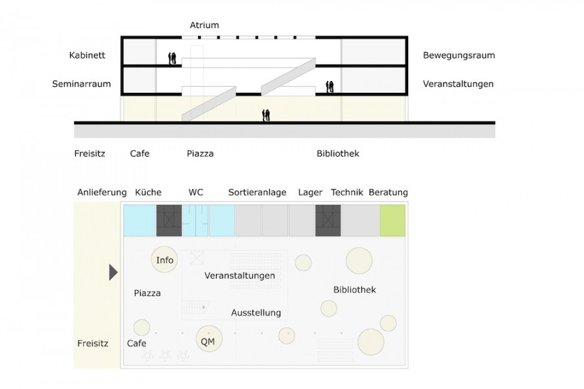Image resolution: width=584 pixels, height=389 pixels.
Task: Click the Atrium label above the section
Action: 204,25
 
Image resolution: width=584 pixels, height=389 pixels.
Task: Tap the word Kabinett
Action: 87,56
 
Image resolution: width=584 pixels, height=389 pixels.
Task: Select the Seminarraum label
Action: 82,84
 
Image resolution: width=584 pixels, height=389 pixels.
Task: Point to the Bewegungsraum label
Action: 459,56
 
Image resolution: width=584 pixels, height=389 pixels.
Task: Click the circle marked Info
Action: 165,260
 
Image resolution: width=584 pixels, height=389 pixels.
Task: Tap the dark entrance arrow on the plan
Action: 113,272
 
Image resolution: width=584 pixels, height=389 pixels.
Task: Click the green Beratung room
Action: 393,220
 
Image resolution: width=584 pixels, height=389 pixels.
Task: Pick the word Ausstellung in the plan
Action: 256,313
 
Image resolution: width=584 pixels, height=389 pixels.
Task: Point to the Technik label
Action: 346,193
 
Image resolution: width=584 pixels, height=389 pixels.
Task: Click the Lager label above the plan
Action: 310,193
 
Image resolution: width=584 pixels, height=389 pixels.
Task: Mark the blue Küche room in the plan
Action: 139,220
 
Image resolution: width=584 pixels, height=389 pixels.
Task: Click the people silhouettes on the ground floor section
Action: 266,116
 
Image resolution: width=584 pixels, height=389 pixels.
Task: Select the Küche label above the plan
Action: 148,193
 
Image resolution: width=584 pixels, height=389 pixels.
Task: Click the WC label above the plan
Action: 196,193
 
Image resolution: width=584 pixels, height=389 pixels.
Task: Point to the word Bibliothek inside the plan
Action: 354,290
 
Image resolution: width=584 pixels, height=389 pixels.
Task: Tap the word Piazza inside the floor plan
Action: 147,294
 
